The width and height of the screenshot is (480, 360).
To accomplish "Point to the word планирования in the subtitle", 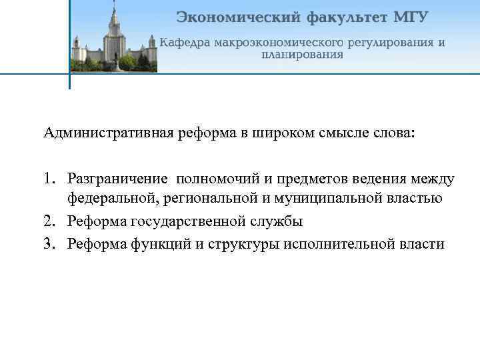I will click(302, 55).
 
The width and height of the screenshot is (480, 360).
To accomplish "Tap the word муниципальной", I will click(335, 198).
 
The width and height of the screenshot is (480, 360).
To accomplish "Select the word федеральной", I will click(111, 198).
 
